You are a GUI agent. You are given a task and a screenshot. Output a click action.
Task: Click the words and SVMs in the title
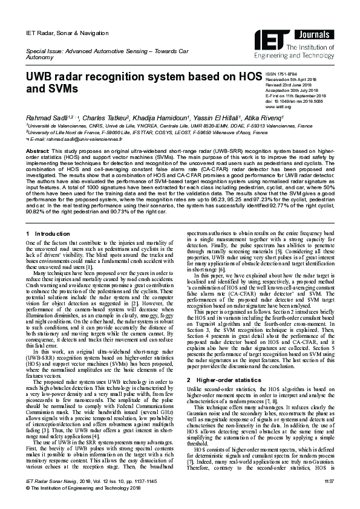pyautogui.click(x=51, y=89)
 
